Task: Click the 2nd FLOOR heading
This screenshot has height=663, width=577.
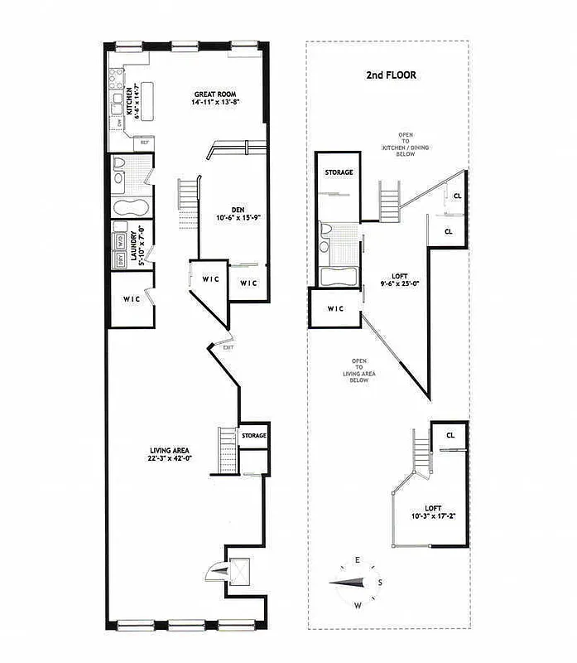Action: click(391, 75)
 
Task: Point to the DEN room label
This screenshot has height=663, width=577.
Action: click(224, 214)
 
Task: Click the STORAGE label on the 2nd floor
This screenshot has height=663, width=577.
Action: click(339, 172)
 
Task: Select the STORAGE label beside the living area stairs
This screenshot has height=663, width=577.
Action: click(254, 435)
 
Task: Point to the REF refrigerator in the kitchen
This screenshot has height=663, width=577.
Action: click(144, 143)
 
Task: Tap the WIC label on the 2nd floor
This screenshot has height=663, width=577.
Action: click(334, 309)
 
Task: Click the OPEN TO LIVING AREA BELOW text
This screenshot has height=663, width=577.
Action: click(359, 373)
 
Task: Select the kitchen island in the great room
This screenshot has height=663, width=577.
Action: click(151, 101)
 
